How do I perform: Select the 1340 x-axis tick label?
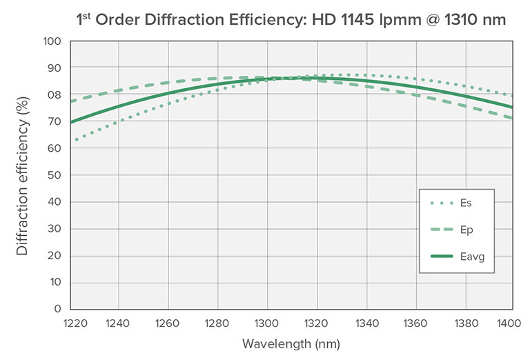point(366,322)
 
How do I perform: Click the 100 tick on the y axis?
point(52,41)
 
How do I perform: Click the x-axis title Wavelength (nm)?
point(291,343)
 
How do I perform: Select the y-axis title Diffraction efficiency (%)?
point(23,175)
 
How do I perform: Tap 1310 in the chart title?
point(443,20)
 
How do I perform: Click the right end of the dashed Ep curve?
point(511,118)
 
